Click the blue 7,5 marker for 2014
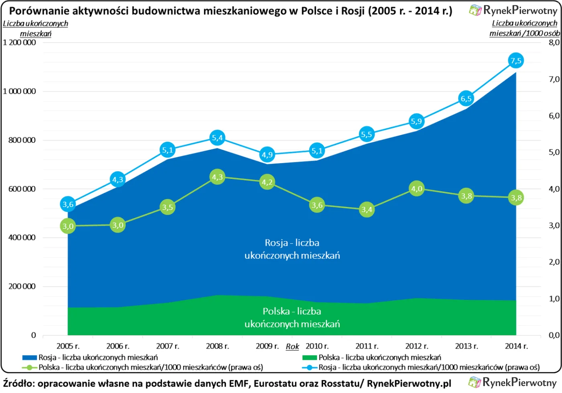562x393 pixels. click(x=516, y=61)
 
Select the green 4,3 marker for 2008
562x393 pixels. click(x=217, y=177)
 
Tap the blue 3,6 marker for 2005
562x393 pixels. click(x=68, y=205)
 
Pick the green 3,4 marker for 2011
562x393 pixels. click(x=367, y=209)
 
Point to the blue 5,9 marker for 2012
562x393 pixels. click(x=416, y=121)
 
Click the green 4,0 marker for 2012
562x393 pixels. click(x=416, y=189)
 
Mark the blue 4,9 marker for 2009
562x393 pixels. click(x=267, y=155)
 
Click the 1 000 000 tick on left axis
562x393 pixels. click(x=19, y=92)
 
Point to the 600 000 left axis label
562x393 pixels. click(x=22, y=189)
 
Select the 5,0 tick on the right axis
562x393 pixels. click(x=554, y=152)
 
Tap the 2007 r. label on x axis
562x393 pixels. click(x=167, y=346)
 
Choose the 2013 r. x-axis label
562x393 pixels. click(x=466, y=346)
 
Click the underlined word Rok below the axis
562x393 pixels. click(x=292, y=346)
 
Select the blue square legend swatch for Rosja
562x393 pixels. click(x=29, y=357)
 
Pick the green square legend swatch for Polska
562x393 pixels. click(x=310, y=357)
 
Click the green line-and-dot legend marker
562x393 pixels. click(x=29, y=367)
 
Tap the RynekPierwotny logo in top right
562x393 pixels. click(x=514, y=10)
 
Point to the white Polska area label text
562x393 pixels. click(x=292, y=317)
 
